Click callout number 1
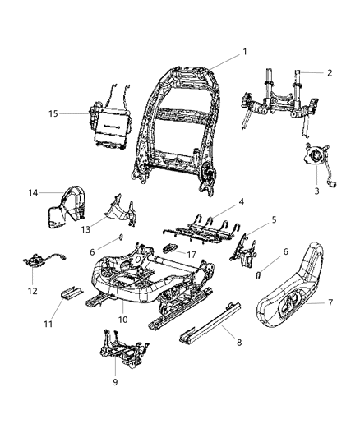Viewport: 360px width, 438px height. [x=244, y=52]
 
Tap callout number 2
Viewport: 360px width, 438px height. [x=330, y=72]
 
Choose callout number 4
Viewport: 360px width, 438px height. [x=241, y=201]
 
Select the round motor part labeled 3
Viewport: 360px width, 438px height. [x=313, y=156]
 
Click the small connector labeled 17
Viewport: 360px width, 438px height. [x=172, y=247]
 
